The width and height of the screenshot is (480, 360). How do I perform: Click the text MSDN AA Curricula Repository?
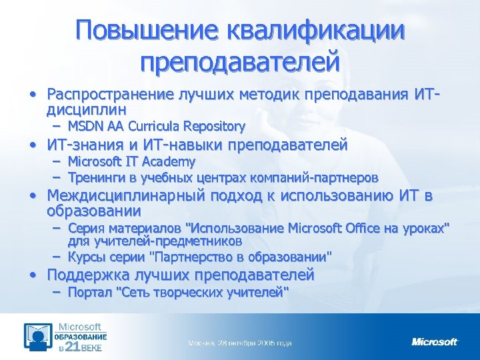click(x=157, y=126)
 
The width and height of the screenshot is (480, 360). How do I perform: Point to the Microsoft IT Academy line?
click(x=131, y=161)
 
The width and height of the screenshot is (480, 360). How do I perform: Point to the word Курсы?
click(x=86, y=256)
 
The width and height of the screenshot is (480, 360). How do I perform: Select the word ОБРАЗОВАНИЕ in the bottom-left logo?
click(x=81, y=337)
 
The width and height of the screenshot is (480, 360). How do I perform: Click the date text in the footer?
click(x=239, y=343)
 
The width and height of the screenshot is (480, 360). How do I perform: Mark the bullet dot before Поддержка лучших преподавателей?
click(x=31, y=274)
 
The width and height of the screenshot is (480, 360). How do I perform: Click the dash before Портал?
click(x=57, y=291)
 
